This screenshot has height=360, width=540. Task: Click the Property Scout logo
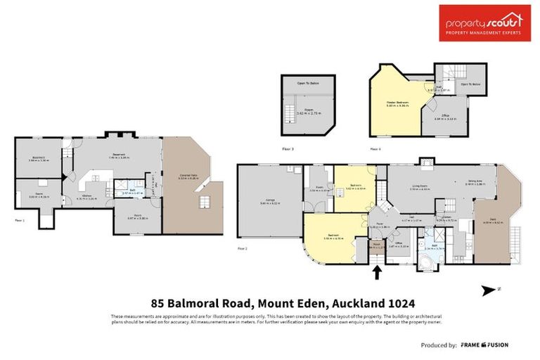(x=485, y=23)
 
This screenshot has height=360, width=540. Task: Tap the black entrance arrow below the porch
(x=376, y=271)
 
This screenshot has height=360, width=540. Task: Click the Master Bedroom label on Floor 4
(x=397, y=103)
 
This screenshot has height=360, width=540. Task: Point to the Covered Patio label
(x=186, y=177)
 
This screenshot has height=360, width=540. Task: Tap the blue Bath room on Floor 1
(x=132, y=191)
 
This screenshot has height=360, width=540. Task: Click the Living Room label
(x=420, y=186)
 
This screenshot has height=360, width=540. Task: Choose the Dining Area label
(x=475, y=181)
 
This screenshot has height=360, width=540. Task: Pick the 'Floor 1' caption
(x=19, y=220)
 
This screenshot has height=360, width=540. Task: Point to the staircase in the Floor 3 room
(x=289, y=110)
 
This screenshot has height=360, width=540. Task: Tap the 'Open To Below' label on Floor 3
(x=309, y=83)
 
